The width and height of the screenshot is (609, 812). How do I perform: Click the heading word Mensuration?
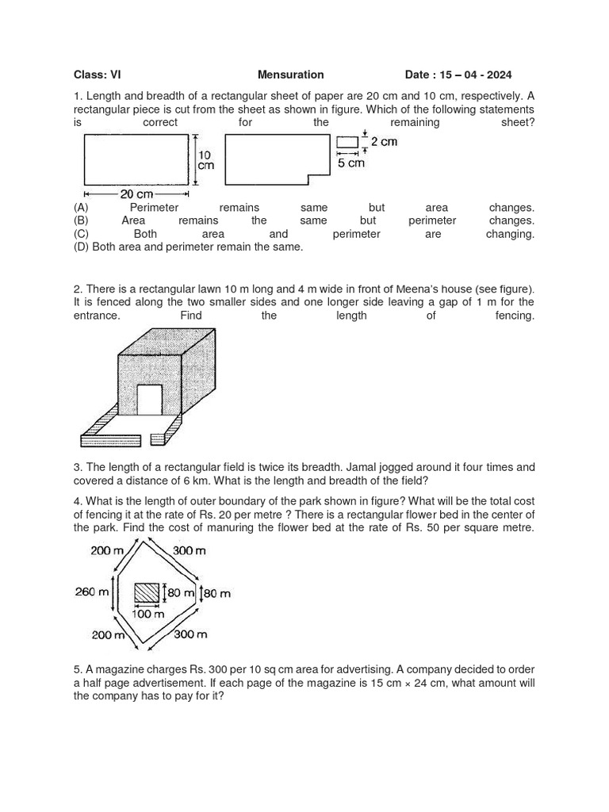coord(290,75)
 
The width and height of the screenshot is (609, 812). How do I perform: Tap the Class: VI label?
coord(98,75)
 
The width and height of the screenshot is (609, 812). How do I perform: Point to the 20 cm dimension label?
coord(136,193)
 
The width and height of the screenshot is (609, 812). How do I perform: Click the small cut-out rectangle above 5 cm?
coord(347,143)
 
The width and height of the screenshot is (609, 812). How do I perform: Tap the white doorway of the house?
coord(149,399)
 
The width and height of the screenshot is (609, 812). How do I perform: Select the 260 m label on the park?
coord(90,592)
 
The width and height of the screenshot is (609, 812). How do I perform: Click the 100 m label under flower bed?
coord(147,614)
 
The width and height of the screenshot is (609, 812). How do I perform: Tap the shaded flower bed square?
coord(146,593)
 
